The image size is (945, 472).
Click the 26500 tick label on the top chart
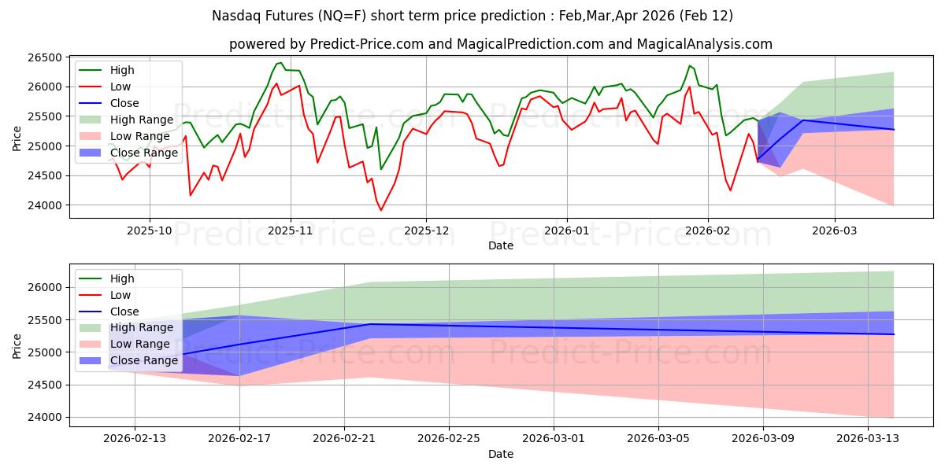click(46, 58)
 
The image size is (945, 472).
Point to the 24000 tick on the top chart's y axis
click(46, 205)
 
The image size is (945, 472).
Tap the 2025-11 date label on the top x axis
click(291, 230)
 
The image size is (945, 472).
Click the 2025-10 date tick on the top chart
click(150, 230)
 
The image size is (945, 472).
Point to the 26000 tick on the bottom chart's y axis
click(46, 288)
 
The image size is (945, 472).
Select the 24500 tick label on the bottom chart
click(46, 385)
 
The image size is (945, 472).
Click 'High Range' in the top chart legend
click(141, 120)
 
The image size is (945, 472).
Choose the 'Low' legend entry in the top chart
click(120, 87)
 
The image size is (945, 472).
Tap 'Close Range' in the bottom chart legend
click(144, 360)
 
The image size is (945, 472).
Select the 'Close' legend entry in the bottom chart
click(124, 311)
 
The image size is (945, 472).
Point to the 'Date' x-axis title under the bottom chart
click(501, 454)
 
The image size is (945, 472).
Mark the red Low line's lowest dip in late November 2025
click(381, 210)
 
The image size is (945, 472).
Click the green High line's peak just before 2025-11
click(280, 63)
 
